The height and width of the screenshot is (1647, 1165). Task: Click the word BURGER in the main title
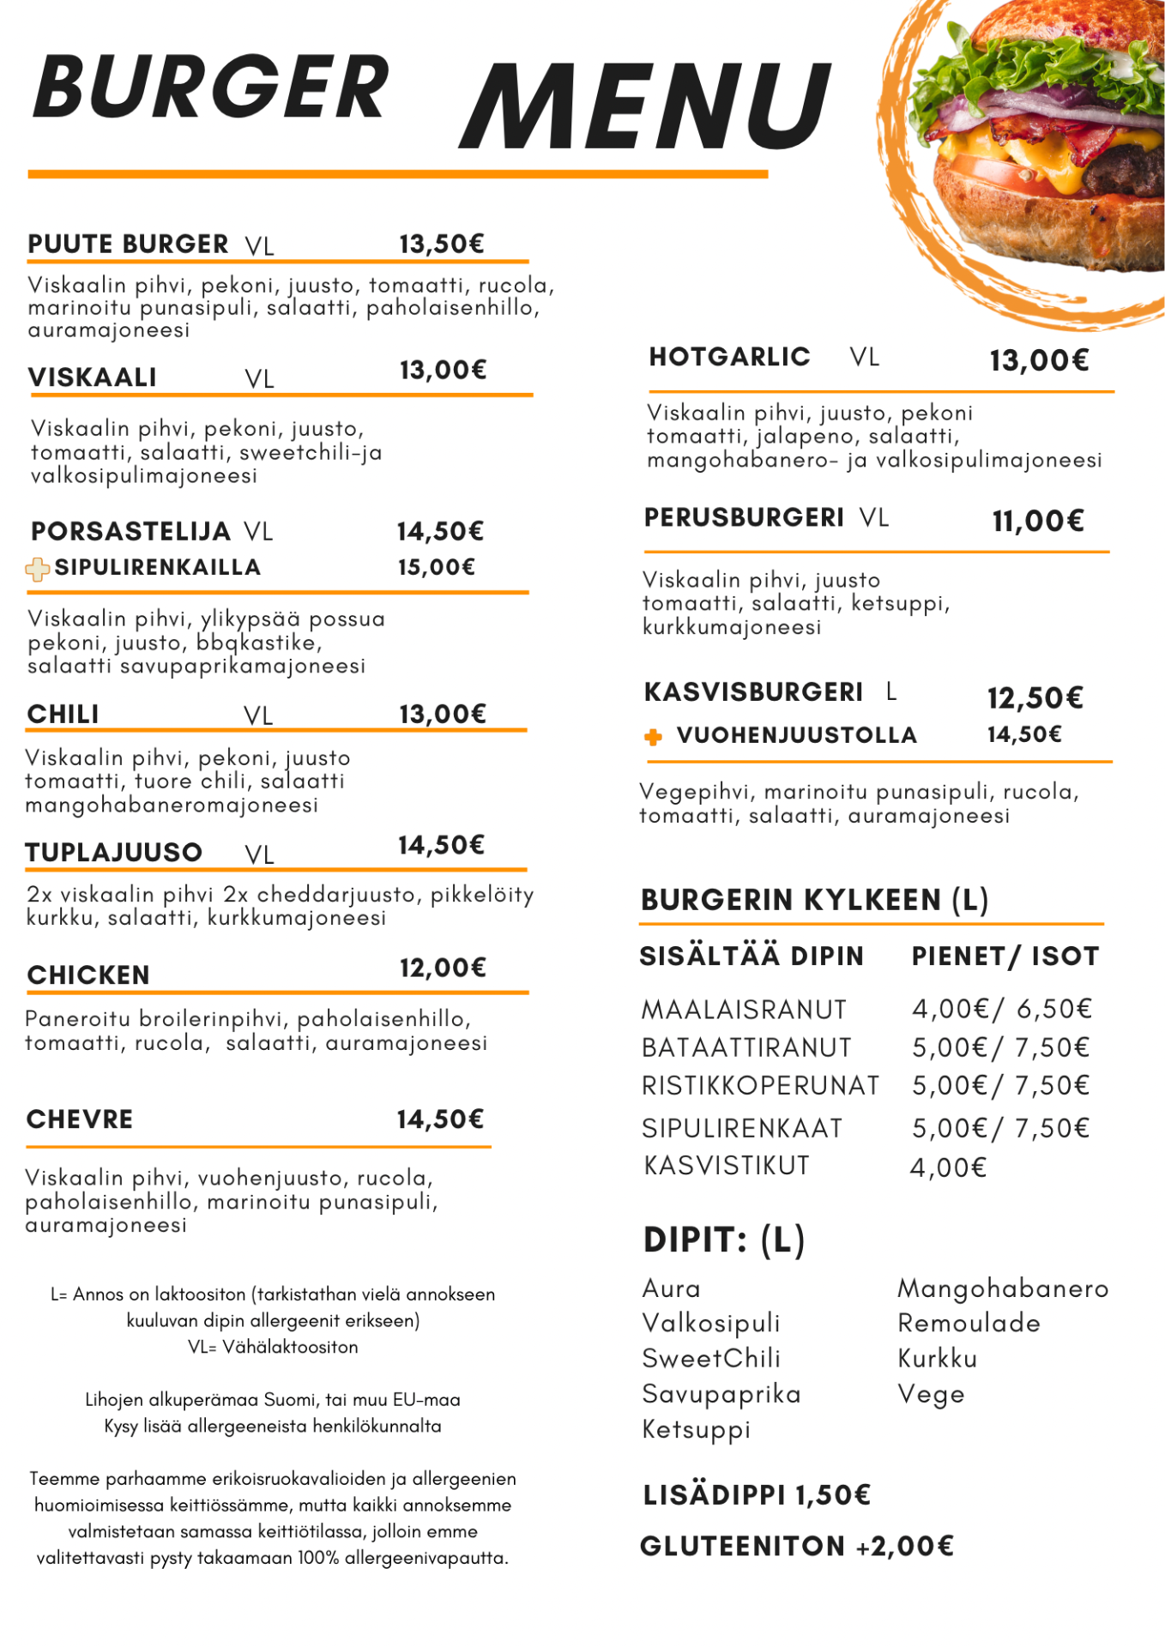[211, 87]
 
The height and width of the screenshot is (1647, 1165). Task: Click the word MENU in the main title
[645, 106]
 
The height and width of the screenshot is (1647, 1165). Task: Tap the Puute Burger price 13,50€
[442, 244]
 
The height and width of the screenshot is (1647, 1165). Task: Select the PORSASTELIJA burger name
[130, 532]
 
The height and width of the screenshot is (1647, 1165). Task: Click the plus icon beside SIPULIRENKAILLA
[38, 569]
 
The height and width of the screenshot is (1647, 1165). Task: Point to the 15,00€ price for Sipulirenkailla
[436, 568]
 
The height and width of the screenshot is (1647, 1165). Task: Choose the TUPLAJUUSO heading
[113, 853]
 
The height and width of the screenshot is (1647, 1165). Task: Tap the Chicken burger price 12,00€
[443, 968]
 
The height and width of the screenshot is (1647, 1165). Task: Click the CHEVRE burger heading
[80, 1119]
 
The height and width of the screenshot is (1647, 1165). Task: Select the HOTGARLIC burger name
[729, 357]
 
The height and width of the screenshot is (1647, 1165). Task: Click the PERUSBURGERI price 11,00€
[1038, 521]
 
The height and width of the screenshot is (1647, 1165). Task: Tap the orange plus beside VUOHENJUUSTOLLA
[653, 737]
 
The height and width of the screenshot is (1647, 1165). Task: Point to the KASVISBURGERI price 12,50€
[1035, 698]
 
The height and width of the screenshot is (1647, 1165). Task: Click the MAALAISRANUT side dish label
[744, 1010]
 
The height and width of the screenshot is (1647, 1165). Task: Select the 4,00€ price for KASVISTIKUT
[949, 1167]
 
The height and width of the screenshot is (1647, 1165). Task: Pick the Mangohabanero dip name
[1003, 1288]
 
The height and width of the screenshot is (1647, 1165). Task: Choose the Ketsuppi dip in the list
[696, 1430]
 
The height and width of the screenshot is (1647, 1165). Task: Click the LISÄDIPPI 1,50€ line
[757, 1495]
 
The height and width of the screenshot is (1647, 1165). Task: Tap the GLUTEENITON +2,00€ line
[797, 1547]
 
